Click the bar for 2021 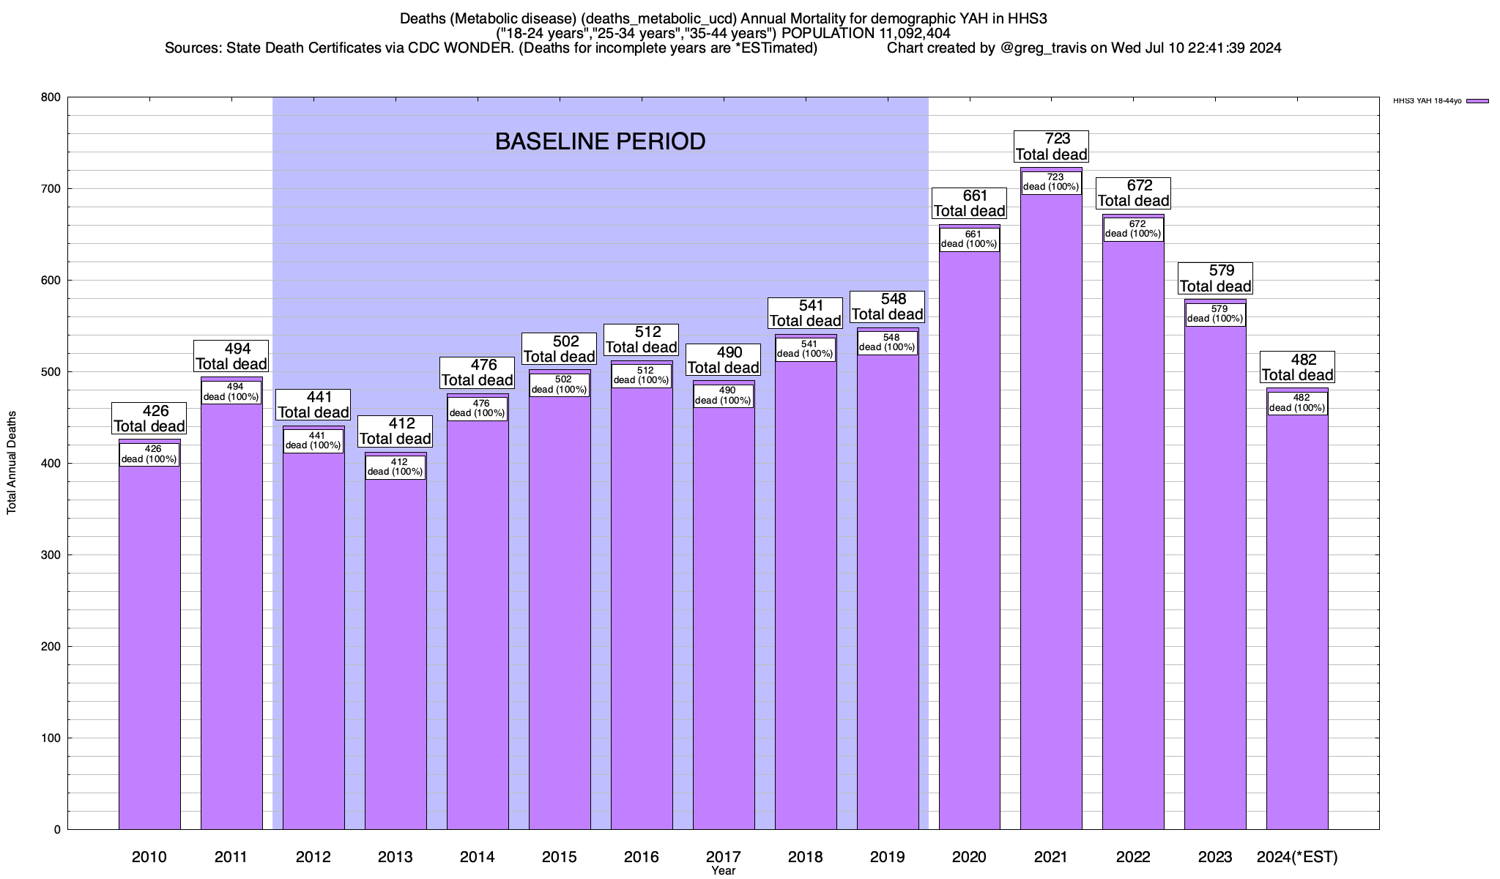pos(1051,513)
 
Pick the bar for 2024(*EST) pos(1297,623)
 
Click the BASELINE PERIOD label pos(600,141)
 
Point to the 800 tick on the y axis pos(51,97)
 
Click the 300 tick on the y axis pos(51,555)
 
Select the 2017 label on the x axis pos(724,857)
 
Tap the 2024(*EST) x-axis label pos(1297,857)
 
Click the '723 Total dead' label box pos(1051,146)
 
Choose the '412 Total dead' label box pos(396,431)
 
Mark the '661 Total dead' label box pos(969,204)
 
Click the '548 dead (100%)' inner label pos(888,343)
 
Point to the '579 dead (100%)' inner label pos(1215,314)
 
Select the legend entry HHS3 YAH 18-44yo pos(1440,101)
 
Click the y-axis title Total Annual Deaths pos(12,463)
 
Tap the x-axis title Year pos(724,871)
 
